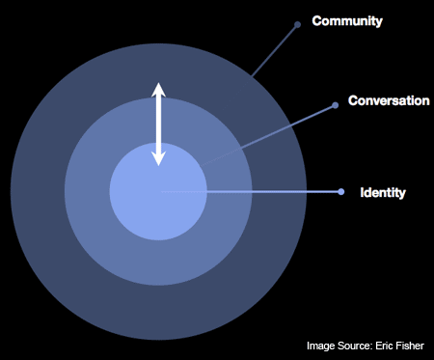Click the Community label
coord(347,20)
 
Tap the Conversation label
coord(389,100)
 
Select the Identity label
coord(383,193)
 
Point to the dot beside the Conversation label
coord(335,104)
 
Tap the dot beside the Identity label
coord(341,192)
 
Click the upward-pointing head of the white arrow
coord(159,91)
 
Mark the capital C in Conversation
coord(353,100)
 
